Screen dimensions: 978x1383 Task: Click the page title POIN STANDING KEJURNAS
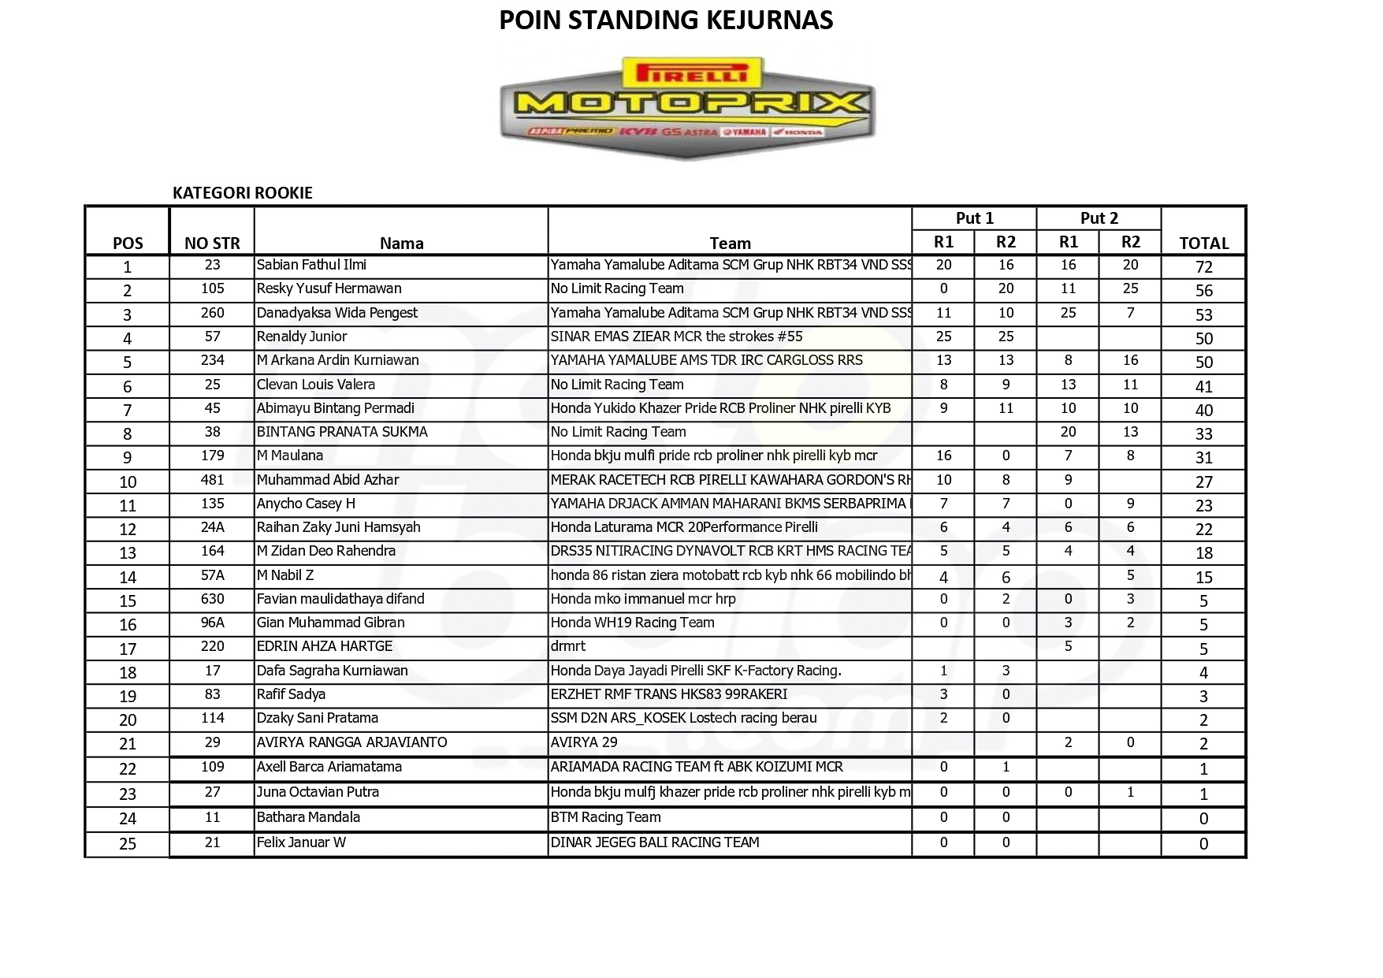click(x=666, y=20)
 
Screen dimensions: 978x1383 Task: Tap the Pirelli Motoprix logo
click(x=686, y=107)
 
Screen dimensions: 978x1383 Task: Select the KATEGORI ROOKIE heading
click(x=243, y=193)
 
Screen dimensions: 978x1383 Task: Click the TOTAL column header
click(x=1203, y=244)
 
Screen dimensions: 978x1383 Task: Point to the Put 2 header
click(x=1099, y=218)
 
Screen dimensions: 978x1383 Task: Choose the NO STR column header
click(x=212, y=244)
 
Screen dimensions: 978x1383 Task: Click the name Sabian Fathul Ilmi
click(x=311, y=266)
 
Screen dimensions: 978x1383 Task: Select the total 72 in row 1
click(x=1203, y=267)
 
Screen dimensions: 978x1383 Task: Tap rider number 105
click(x=212, y=289)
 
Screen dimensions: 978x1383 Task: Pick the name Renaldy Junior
click(x=302, y=337)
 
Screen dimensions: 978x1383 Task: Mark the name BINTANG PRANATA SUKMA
click(x=342, y=432)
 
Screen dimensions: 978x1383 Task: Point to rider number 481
click(x=212, y=480)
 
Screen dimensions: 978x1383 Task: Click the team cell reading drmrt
click(x=568, y=646)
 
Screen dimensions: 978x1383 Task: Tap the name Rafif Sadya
click(x=291, y=694)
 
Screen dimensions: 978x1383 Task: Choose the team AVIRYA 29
click(x=584, y=742)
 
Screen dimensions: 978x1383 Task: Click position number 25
click(x=128, y=844)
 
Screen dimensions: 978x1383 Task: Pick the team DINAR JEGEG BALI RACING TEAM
click(x=655, y=842)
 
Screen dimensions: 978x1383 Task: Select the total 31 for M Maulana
click(x=1203, y=458)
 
